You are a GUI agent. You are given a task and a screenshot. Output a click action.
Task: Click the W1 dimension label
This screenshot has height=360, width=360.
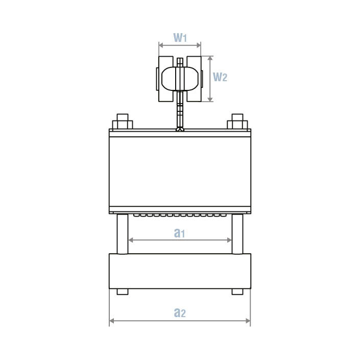tap(180, 38)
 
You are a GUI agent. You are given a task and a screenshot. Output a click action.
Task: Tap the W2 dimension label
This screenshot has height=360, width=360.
tap(220, 77)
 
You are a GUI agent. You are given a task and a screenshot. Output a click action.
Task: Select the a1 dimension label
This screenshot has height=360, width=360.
tap(179, 233)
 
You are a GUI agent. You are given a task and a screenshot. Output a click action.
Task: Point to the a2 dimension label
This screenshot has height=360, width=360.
tap(180, 313)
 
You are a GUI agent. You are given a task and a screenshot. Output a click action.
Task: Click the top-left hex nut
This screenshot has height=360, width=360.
tap(123, 122)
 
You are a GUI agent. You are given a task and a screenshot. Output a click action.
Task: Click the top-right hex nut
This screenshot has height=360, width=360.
tap(237, 122)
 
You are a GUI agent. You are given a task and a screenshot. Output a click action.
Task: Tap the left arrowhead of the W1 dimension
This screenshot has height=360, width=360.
tap(161, 45)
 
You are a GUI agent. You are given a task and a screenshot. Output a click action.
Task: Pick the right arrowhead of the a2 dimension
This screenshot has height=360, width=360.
tap(248, 321)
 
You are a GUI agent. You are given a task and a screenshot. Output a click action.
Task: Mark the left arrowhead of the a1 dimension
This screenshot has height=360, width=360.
tap(131, 240)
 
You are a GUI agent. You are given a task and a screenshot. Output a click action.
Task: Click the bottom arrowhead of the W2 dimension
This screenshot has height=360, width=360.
tap(210, 99)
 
